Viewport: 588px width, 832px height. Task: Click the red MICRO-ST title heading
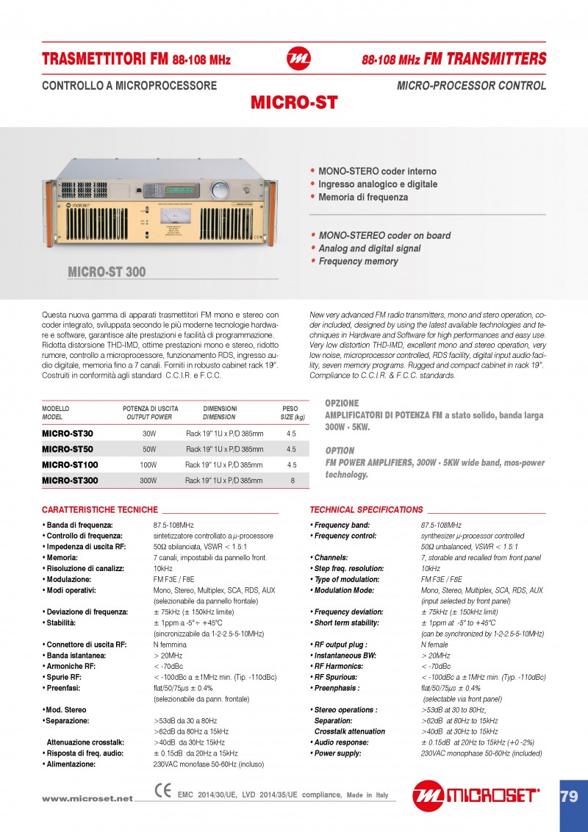294,103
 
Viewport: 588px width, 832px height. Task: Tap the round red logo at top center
298,59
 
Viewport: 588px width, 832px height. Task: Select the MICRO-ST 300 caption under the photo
107,273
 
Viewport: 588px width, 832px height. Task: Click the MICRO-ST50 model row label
68,449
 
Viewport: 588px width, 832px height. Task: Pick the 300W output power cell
148,481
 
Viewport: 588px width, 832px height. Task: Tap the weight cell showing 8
292,481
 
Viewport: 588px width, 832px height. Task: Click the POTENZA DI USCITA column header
150,409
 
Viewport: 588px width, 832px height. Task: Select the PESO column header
290,409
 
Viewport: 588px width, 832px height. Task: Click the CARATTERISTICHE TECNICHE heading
100,509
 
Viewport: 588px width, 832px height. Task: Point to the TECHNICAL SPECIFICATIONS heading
367,509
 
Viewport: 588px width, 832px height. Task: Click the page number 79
569,796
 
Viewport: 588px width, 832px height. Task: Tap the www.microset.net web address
87,798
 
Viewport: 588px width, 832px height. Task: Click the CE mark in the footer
163,791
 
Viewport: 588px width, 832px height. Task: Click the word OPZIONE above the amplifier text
342,404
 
